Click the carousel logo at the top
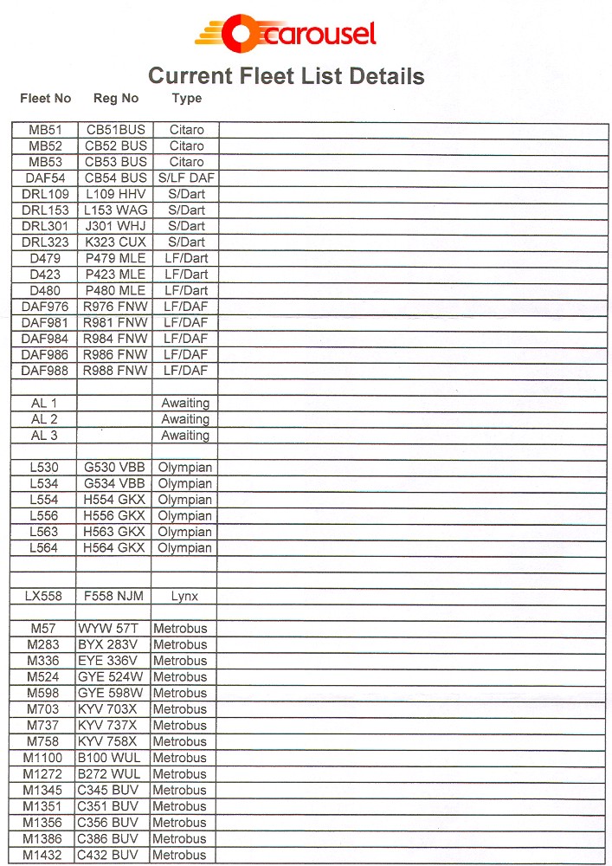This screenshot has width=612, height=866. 286,34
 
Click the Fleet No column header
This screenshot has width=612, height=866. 46,99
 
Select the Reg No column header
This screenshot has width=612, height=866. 116,99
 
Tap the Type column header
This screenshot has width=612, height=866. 187,99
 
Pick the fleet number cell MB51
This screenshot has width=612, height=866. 45,130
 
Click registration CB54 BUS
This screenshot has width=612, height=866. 116,178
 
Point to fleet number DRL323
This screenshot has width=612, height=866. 45,242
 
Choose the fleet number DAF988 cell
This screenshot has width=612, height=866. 45,371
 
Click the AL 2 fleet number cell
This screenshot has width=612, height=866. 45,419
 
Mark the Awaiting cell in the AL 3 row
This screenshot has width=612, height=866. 185,436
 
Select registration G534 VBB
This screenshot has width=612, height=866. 114,483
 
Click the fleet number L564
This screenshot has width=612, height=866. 44,548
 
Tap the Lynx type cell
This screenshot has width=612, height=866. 185,597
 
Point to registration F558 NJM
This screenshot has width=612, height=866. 114,597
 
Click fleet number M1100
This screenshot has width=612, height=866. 42,758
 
